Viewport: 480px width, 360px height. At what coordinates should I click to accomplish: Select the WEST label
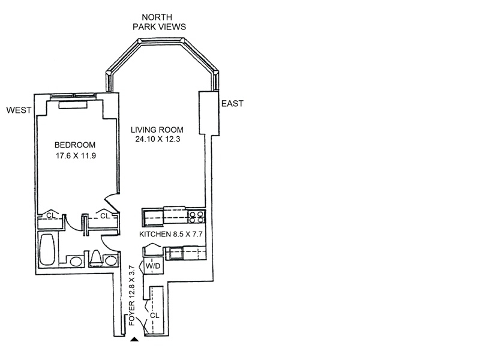(18, 110)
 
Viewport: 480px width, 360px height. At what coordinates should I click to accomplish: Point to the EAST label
(232, 103)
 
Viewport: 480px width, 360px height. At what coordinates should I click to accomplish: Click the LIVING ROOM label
(158, 130)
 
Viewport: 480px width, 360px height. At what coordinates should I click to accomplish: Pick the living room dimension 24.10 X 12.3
(158, 140)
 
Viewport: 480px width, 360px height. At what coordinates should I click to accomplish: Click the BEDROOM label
(74, 145)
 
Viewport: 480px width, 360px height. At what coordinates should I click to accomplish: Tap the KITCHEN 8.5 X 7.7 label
(171, 233)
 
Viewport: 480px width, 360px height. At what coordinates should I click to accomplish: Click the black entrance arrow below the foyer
(135, 340)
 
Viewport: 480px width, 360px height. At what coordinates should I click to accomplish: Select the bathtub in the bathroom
(48, 251)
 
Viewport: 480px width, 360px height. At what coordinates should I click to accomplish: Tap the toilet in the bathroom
(95, 258)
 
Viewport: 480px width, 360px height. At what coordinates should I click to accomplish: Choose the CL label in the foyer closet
(155, 314)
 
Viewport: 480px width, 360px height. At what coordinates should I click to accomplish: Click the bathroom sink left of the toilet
(76, 262)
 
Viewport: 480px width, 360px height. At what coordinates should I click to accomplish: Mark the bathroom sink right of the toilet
(110, 261)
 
